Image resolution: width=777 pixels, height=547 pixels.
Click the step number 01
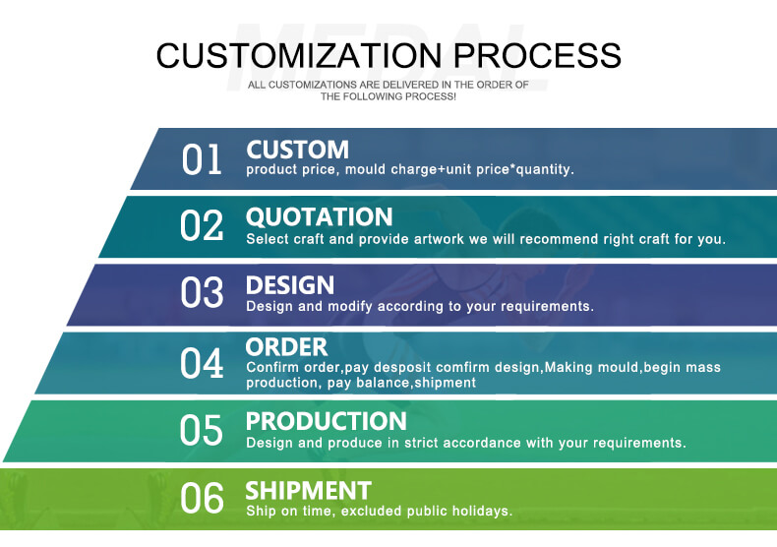click(x=202, y=159)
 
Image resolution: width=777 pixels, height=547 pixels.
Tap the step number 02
click(x=202, y=225)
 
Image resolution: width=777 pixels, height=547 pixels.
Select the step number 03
click(x=202, y=292)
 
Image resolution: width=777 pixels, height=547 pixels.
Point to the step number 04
click(x=202, y=363)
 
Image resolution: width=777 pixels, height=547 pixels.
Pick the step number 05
click(x=202, y=430)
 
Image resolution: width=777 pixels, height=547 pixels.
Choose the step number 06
click(x=202, y=498)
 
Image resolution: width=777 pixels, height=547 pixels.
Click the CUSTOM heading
click(x=297, y=150)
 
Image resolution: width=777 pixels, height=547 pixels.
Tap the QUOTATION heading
click(x=319, y=217)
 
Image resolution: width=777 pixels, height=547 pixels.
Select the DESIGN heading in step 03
click(x=290, y=285)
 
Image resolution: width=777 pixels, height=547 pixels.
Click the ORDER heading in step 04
click(x=286, y=347)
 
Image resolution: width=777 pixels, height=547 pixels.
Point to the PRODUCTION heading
click(x=327, y=422)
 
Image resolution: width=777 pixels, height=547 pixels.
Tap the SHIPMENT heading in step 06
click(x=308, y=491)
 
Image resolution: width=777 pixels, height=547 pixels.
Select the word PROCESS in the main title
click(x=537, y=55)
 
